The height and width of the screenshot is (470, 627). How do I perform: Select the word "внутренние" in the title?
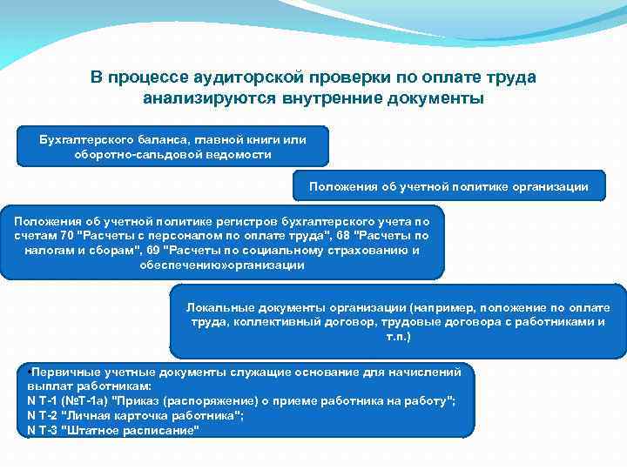(327, 97)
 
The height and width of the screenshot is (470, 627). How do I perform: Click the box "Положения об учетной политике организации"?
(448, 186)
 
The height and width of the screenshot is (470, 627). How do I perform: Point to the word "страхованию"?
(368, 250)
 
